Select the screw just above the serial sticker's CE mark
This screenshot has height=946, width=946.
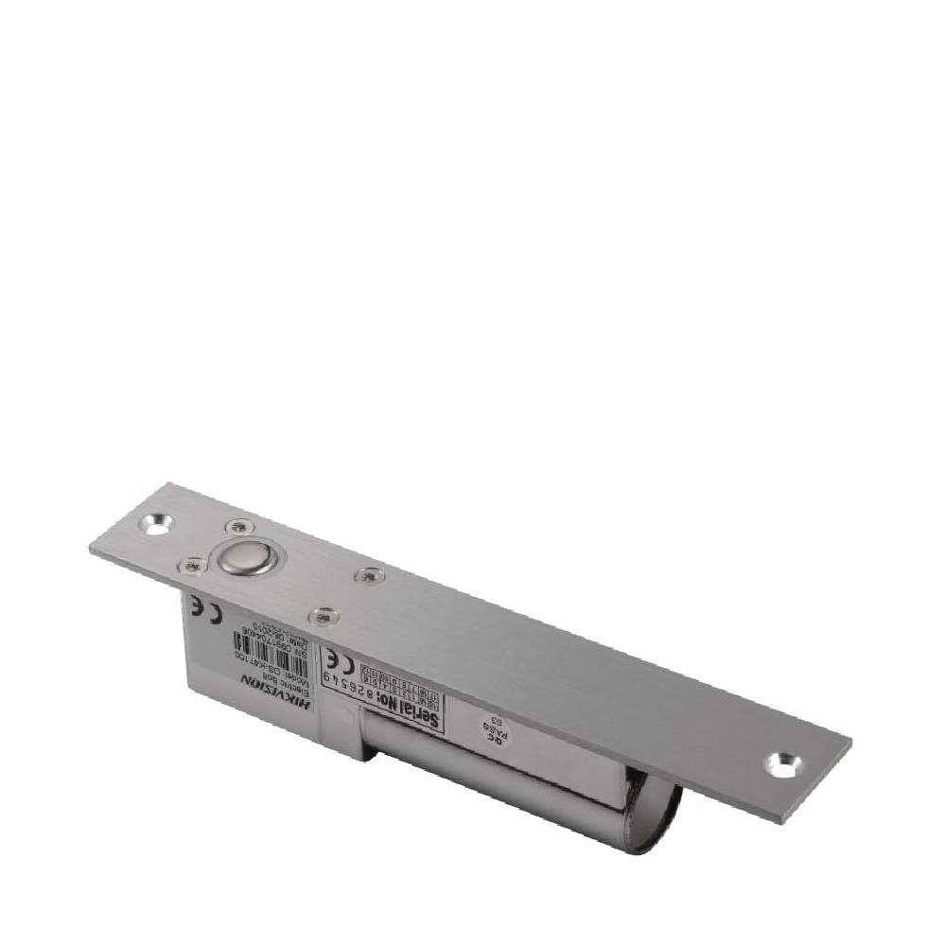324,616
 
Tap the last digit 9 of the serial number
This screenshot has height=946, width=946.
328,676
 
